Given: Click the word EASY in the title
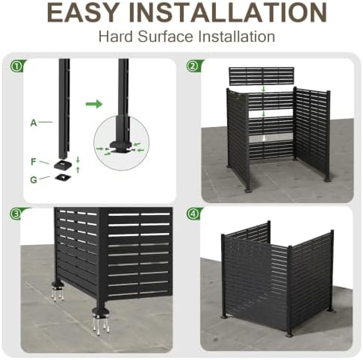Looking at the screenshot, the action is click(x=83, y=13).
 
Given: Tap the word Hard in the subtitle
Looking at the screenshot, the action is click(x=116, y=37).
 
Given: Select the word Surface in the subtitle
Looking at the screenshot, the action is click(x=165, y=37).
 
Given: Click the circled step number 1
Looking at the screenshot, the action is click(x=16, y=66).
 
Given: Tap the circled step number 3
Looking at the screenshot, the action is click(x=16, y=214).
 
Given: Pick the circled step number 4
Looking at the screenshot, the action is click(x=193, y=214).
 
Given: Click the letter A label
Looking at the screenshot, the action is click(x=34, y=122).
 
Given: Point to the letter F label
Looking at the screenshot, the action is click(x=34, y=162).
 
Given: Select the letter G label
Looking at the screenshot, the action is click(x=34, y=179).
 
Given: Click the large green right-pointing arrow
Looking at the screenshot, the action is click(x=94, y=104).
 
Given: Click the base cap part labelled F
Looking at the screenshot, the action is click(x=63, y=164).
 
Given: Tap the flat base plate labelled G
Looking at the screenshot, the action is click(x=63, y=177).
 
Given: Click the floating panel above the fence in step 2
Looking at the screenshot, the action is click(x=261, y=76).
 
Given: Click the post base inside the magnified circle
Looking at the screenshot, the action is click(x=121, y=146).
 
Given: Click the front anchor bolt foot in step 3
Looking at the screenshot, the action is click(x=101, y=320).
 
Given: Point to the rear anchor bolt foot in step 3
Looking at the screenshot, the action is click(x=58, y=291).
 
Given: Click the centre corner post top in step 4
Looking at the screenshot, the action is click(x=290, y=248).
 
